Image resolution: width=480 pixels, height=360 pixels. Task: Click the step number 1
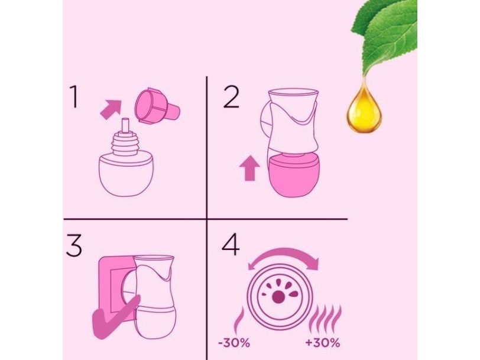tap(74, 96)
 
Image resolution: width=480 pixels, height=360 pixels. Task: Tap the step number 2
tap(231, 97)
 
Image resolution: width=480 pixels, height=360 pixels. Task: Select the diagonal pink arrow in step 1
tap(111, 109)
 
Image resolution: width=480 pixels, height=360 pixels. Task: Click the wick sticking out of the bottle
tap(125, 125)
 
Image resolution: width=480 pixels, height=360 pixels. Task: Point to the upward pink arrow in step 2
tap(250, 168)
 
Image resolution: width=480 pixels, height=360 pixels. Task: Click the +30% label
tap(323, 343)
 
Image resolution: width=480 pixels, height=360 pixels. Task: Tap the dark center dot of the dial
tap(278, 297)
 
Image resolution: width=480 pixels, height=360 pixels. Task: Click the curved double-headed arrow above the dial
tap(284, 255)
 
